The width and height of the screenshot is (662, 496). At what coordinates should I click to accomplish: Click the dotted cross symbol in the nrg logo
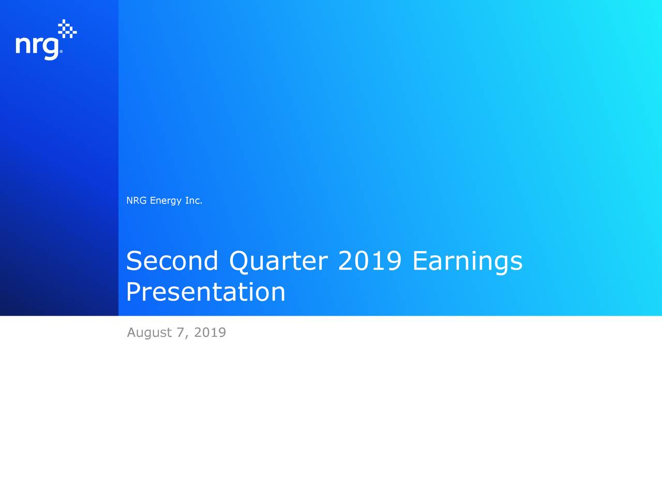coord(67,29)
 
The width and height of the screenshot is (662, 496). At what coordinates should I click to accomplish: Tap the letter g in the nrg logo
coord(51,48)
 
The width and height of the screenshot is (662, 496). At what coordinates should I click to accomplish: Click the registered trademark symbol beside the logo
coord(61,52)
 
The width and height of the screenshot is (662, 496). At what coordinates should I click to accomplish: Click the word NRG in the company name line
coord(137,200)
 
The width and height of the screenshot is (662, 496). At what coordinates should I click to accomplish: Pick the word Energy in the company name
coord(165,201)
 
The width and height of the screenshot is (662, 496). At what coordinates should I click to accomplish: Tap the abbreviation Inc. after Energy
coord(193,200)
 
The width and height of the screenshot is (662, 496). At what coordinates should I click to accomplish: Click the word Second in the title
coord(172,260)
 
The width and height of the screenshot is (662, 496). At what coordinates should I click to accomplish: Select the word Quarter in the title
coord(278,261)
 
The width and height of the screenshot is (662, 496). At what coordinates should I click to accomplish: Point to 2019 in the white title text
coord(370,260)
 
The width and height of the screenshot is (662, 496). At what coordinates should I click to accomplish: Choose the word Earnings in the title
coord(467,261)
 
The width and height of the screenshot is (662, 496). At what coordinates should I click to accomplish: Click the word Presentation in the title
coord(205,292)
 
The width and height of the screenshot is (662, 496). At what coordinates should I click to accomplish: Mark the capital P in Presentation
coord(133,292)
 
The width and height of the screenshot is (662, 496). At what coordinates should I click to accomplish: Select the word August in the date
coord(149,333)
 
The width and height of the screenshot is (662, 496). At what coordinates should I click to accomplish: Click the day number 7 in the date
coord(180,332)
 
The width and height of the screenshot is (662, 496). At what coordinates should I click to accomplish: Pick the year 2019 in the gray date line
coord(209,332)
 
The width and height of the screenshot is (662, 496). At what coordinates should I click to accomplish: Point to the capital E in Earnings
coord(420,260)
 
